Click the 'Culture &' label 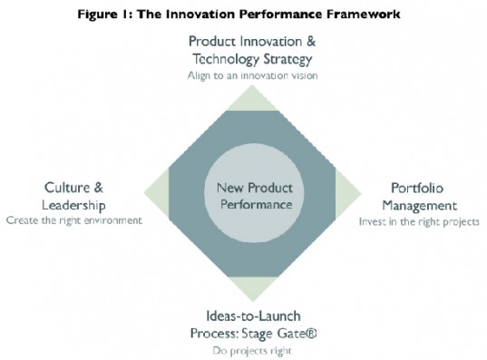click(74, 188)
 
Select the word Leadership click(74, 204)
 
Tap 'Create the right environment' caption click(74, 220)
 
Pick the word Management click(416, 204)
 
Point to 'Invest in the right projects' click(419, 220)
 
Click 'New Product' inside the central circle click(254, 189)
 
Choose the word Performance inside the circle click(254, 205)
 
